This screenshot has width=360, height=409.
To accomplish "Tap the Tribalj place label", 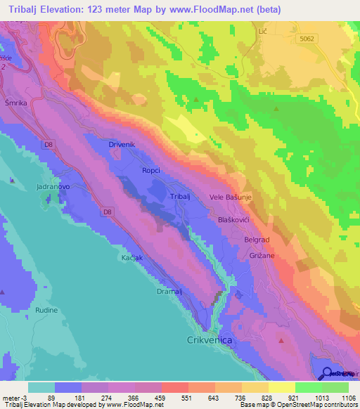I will pos(181,197).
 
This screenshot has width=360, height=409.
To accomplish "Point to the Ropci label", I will pos(151,171).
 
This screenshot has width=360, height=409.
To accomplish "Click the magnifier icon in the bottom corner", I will pos(327,372).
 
